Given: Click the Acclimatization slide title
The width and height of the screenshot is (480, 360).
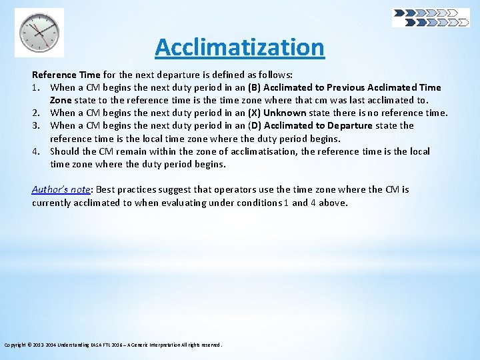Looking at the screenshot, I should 239,47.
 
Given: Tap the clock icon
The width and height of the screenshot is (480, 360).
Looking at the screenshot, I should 39,32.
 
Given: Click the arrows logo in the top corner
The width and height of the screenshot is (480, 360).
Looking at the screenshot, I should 431,17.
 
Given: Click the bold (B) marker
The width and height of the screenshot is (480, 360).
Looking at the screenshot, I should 254,87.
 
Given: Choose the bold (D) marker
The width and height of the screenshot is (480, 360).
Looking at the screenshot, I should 255,125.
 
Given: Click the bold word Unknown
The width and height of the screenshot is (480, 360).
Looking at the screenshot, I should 285,113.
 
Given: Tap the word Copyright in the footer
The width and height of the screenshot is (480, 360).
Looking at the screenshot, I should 16,345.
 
